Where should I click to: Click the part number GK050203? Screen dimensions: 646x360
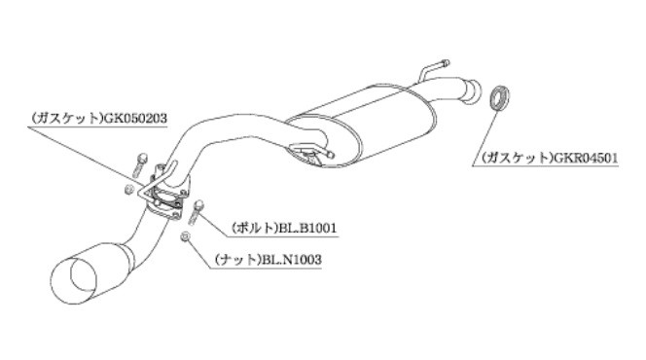(x=135, y=119)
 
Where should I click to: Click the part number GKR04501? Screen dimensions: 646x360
(x=586, y=158)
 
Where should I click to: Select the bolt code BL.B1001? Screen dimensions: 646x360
(x=307, y=228)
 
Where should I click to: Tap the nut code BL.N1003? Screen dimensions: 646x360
(x=291, y=261)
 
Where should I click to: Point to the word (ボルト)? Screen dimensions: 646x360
(x=256, y=228)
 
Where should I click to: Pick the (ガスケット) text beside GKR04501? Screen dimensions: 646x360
(x=518, y=158)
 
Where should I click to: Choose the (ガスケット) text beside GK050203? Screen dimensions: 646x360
(x=67, y=119)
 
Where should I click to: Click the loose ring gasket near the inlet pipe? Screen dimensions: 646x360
(x=499, y=97)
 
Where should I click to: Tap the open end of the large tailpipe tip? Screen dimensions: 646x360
(x=84, y=276)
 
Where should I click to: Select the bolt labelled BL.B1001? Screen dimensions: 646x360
(x=196, y=212)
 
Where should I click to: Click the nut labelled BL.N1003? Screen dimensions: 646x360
(x=186, y=237)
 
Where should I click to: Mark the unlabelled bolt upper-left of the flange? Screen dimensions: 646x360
(x=140, y=163)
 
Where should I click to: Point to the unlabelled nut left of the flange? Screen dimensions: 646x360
(x=129, y=189)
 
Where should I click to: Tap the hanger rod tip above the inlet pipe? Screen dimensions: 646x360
(x=444, y=63)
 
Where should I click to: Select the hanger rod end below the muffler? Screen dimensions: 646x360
(x=331, y=156)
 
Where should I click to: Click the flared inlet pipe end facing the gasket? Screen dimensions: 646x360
(x=473, y=91)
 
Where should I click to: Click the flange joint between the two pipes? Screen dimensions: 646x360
(x=168, y=195)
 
